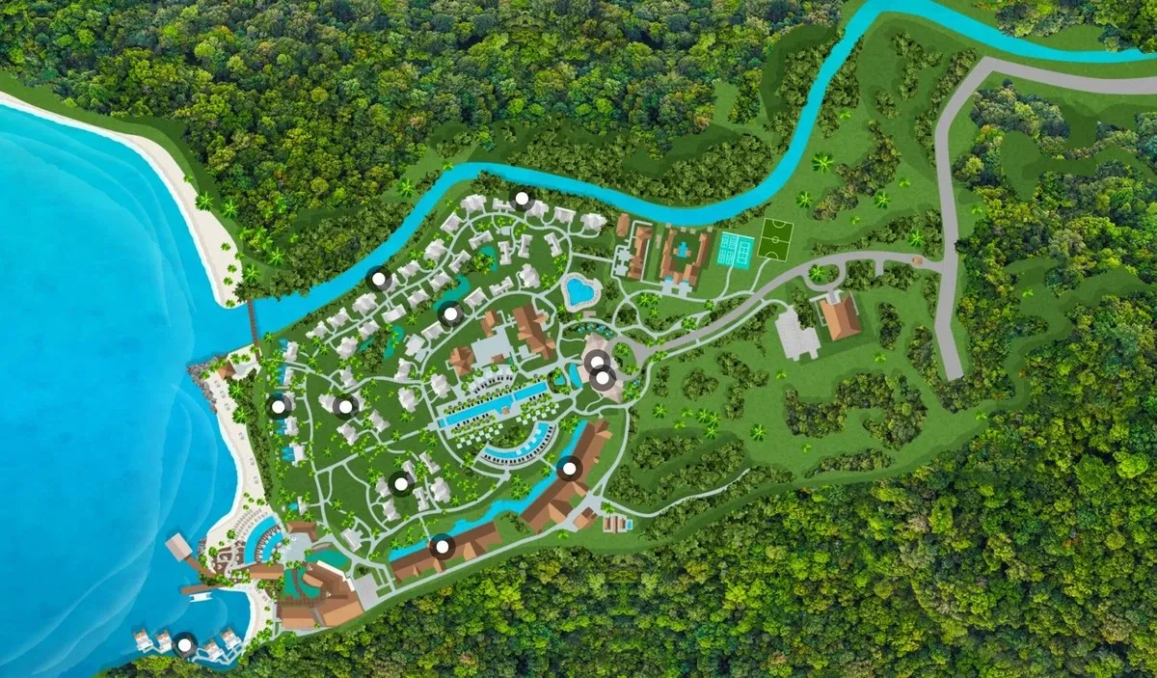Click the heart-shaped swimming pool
pyautogui.click(x=580, y=292)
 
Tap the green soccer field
pyautogui.click(x=774, y=239)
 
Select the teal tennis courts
pyautogui.click(x=736, y=250)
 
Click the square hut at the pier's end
pyautogui.click(x=178, y=547)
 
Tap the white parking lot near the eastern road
pyautogui.click(x=797, y=334)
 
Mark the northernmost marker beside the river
pyautogui.click(x=522, y=200)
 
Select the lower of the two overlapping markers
pyautogui.click(x=605, y=379)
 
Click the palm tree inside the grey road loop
pyautogui.click(x=819, y=275)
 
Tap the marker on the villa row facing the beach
pyautogui.click(x=279, y=406)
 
